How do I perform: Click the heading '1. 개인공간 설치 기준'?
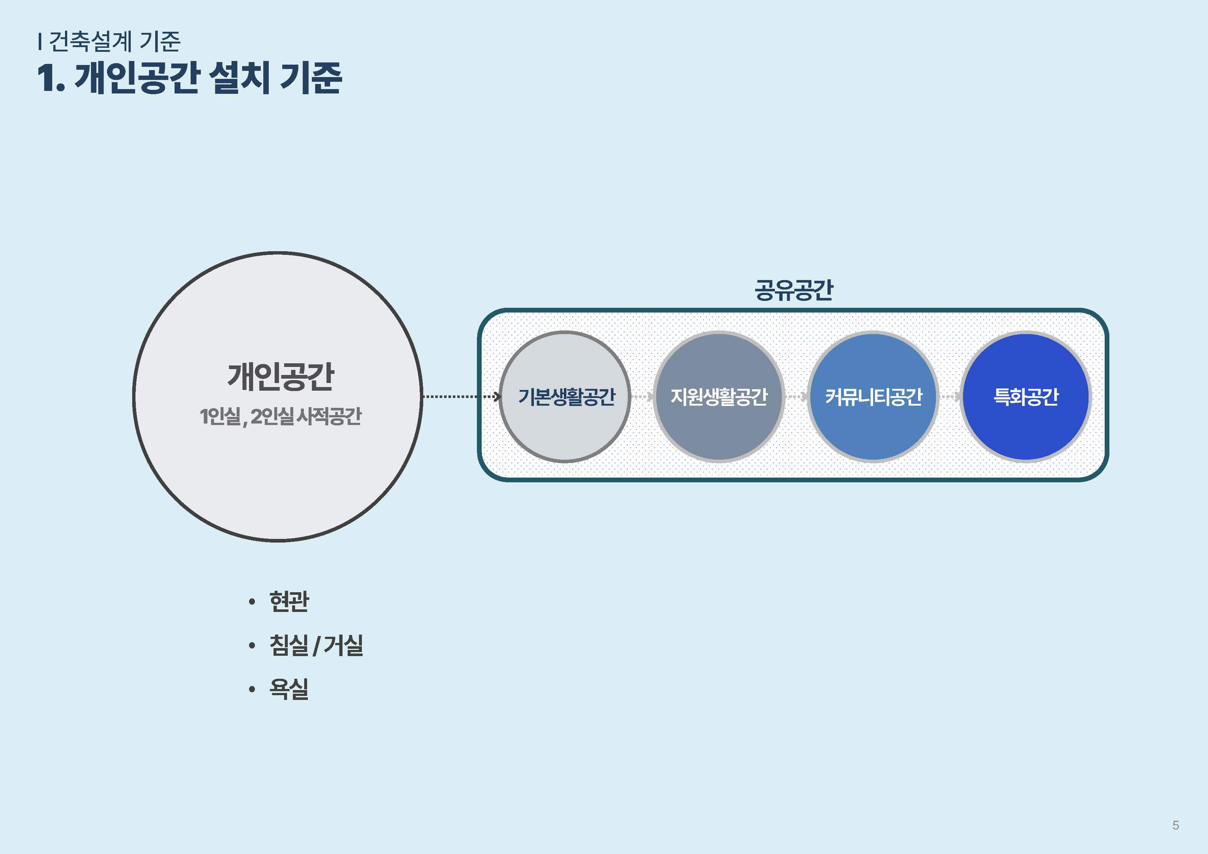click(x=190, y=78)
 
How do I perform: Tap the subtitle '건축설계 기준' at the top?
click(x=114, y=41)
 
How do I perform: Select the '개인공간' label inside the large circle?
click(x=280, y=377)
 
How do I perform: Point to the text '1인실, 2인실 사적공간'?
click(x=280, y=417)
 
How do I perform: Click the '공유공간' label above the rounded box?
click(x=794, y=290)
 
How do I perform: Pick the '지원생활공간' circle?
click(x=719, y=397)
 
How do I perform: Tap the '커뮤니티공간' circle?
click(x=873, y=397)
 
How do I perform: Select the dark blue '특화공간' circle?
click(x=1025, y=397)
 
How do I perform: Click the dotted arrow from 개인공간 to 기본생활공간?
click(x=462, y=396)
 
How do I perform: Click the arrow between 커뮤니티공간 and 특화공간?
click(x=950, y=396)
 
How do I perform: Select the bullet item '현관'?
click(x=289, y=601)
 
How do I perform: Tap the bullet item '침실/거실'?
click(x=316, y=645)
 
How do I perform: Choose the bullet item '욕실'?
click(x=289, y=689)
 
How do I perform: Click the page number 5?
click(x=1175, y=825)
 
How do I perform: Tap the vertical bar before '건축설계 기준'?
click(x=39, y=41)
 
